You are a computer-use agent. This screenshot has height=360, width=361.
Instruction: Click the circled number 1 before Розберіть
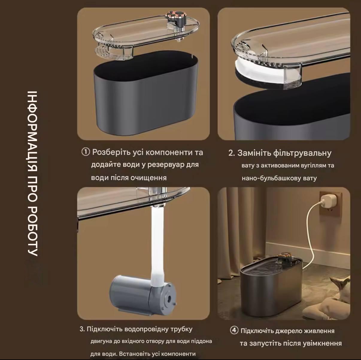(x=86, y=152)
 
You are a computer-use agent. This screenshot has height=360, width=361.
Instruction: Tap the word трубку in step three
(x=181, y=329)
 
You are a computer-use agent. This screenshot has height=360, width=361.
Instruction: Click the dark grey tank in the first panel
(x=146, y=94)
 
